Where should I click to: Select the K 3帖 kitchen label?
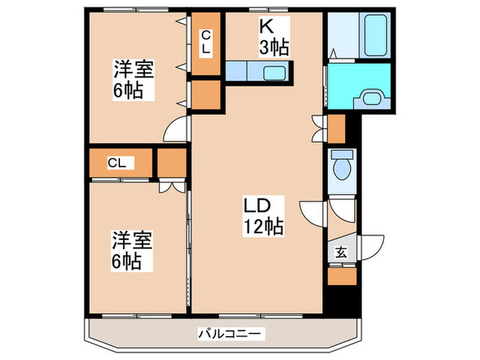coord(273,37)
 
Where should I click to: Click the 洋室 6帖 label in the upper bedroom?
coord(133,80)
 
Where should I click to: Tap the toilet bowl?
coord(341,165)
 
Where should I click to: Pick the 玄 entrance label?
coord(341,252)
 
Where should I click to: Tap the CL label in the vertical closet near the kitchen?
coord(206,43)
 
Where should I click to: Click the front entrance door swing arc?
coord(368,247)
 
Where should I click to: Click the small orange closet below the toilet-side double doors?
coord(336,128)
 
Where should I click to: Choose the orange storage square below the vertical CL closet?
coord(206,95)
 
